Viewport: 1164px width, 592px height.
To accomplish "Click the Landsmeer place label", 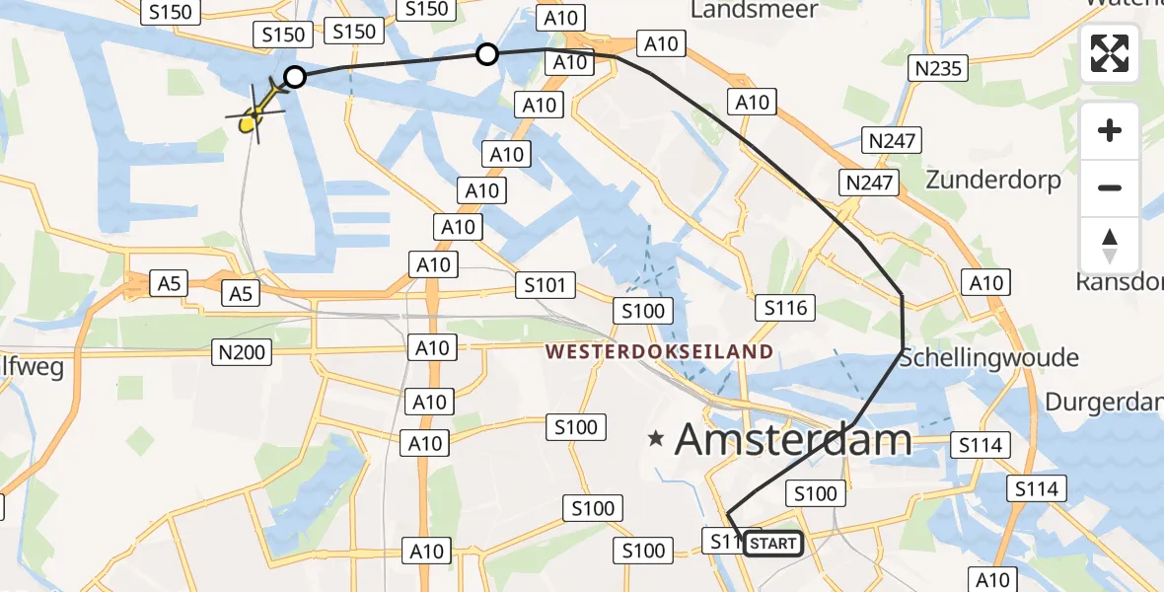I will (x=755, y=11).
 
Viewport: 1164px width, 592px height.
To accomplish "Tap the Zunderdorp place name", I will (x=993, y=181).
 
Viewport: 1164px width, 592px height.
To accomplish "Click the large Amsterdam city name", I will (x=793, y=439).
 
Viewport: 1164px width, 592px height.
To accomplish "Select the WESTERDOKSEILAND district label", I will (x=659, y=351).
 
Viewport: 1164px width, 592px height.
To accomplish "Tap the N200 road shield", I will (x=242, y=351).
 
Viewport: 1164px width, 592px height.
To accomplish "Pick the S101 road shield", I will (x=545, y=286).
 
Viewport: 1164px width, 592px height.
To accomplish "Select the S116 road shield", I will (x=786, y=308).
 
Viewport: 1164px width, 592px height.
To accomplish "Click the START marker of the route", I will (x=773, y=543).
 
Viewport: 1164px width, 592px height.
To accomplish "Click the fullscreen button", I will (x=1110, y=54).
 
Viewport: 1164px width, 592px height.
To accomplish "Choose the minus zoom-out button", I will (x=1110, y=187).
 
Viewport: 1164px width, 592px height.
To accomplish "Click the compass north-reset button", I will (x=1110, y=246).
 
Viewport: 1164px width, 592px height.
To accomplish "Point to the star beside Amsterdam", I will (x=656, y=438).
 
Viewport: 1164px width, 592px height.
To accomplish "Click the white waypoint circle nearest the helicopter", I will (x=294, y=77).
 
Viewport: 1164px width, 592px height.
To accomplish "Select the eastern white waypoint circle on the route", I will (x=487, y=54).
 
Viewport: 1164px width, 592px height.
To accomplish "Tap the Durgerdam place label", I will (x=1105, y=403).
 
